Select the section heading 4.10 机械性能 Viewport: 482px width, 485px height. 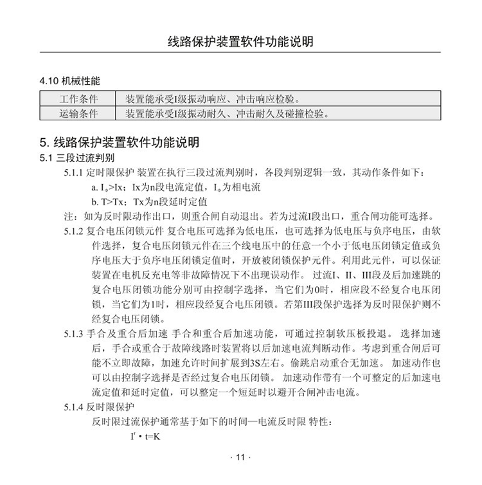tap(70, 82)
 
